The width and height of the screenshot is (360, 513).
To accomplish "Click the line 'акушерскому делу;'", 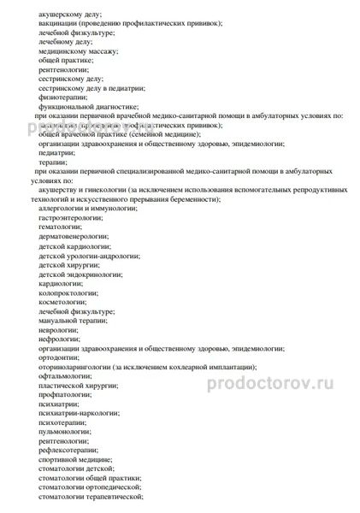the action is point(69,15).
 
